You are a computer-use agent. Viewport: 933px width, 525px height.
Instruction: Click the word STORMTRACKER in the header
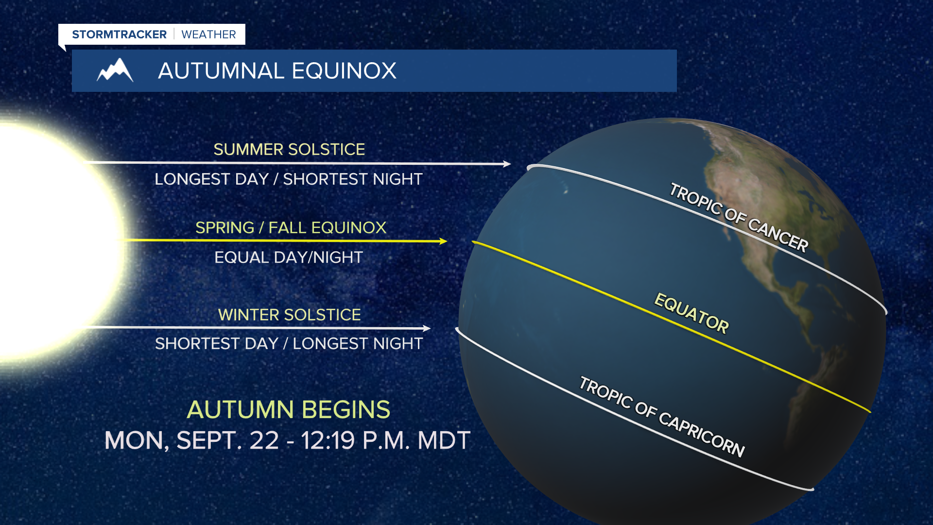coord(119,35)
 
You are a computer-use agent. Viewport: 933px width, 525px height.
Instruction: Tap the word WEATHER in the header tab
coord(208,35)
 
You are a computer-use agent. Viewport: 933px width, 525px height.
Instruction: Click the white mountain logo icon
coord(115,70)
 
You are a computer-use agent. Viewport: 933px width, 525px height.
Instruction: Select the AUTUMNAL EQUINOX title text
coord(277,71)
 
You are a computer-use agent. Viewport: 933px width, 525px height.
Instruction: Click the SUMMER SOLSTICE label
coord(289,149)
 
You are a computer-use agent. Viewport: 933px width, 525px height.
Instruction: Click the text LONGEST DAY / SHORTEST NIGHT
coord(289,179)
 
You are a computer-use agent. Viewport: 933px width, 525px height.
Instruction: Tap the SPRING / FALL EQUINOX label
coord(291,227)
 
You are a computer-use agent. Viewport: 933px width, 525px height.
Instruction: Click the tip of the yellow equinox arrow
coord(447,241)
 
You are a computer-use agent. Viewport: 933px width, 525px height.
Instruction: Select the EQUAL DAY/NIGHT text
coord(289,257)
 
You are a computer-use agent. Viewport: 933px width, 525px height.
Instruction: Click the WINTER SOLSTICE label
coord(289,315)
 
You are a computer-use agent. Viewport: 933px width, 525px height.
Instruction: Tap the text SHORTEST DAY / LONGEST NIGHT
coord(289,344)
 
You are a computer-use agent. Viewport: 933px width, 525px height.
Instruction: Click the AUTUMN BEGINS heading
coord(289,409)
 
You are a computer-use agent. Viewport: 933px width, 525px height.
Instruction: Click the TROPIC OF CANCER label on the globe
coord(739,217)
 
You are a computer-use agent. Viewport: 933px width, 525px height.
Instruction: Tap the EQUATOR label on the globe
coord(691,313)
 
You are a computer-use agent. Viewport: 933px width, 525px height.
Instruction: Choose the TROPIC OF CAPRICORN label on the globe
coord(662,417)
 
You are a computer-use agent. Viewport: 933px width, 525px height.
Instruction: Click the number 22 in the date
coord(264,440)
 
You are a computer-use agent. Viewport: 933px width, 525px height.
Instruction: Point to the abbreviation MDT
coord(444,440)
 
